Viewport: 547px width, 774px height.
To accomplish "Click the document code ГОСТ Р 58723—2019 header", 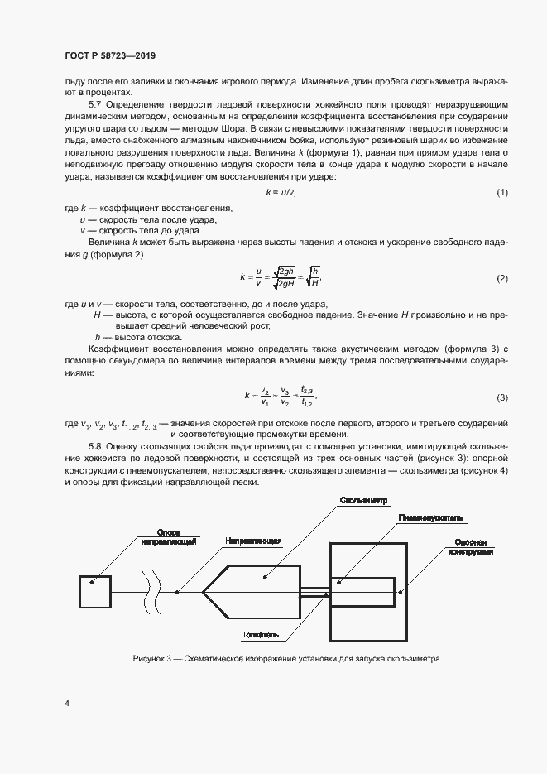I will [x=109, y=56].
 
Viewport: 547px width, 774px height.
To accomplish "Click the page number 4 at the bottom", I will [x=66, y=704].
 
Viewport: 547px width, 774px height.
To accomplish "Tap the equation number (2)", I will [x=501, y=278].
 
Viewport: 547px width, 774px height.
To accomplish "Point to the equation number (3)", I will [x=501, y=398].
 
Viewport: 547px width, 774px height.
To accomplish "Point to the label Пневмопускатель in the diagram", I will [x=429, y=518].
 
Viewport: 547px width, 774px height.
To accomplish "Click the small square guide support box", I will [x=94, y=592].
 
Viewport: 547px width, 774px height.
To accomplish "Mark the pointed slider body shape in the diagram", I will [x=252, y=592].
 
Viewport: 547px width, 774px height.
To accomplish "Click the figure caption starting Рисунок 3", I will [x=285, y=660].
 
